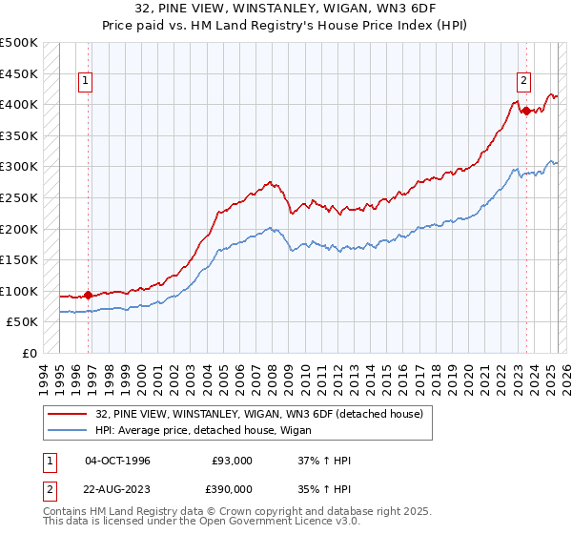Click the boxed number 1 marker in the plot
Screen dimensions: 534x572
tap(86, 82)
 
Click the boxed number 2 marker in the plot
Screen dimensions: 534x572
tap(524, 82)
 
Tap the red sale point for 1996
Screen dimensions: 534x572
tap(89, 295)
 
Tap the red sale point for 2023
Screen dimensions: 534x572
tap(525, 111)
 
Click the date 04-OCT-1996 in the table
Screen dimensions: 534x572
tap(117, 461)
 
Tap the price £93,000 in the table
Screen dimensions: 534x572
tap(232, 461)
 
